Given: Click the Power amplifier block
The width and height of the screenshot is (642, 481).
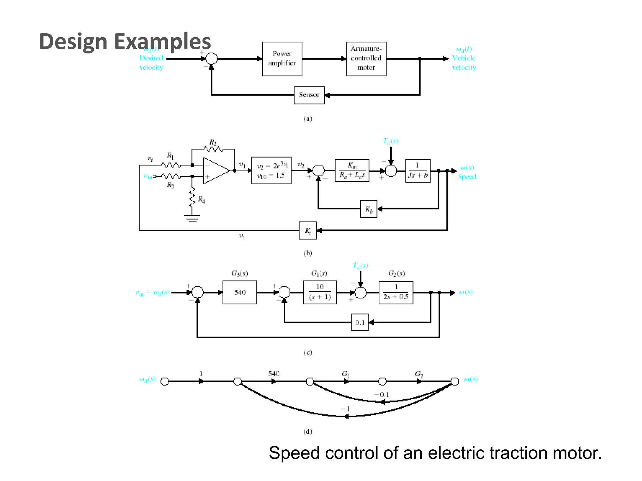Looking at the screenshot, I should [282, 59].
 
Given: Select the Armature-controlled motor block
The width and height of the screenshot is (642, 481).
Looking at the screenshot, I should [366, 59].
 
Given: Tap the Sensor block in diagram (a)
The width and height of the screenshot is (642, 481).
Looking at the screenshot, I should [309, 95].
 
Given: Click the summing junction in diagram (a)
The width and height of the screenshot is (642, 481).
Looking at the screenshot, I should [212, 59].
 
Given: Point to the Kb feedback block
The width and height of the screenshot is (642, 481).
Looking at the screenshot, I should [369, 209].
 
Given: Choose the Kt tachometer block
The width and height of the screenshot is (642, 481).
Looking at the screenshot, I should [308, 231].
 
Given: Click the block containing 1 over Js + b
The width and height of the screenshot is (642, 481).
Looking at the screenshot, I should [418, 171].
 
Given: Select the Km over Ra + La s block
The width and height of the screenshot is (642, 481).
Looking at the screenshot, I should [352, 171].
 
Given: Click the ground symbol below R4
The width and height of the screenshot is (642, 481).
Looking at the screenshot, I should [192, 218].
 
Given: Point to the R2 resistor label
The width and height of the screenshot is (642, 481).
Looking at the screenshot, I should [213, 142].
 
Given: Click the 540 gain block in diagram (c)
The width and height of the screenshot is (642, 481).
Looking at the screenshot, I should [240, 292].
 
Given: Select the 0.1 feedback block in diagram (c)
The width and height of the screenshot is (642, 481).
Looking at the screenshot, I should [360, 322].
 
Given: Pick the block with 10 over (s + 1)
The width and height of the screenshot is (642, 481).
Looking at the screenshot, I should [320, 292].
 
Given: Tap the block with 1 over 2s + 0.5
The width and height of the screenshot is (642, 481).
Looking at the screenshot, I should [396, 292].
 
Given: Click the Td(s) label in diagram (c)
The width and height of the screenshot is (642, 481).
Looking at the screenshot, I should [360, 266].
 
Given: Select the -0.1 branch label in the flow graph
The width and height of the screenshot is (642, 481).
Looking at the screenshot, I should [382, 395].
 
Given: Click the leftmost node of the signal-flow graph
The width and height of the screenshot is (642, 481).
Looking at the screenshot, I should [164, 381].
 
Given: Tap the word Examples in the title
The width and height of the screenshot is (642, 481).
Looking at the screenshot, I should [162, 41].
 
